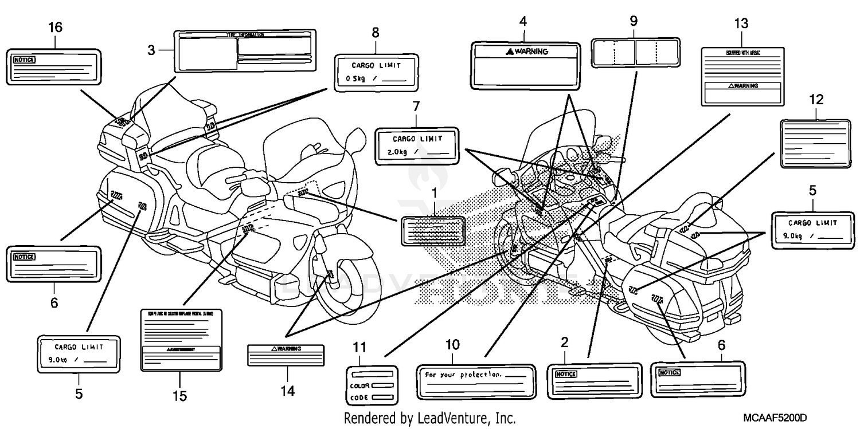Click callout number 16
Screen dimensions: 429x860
(56, 27)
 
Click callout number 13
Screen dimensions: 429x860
(741, 24)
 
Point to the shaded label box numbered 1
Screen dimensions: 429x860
(432, 231)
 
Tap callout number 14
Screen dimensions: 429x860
(287, 391)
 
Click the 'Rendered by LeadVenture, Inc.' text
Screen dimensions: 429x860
(429, 419)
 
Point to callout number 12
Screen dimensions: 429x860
(816, 99)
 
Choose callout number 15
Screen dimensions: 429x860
(179, 396)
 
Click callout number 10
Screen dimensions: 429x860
(452, 345)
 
